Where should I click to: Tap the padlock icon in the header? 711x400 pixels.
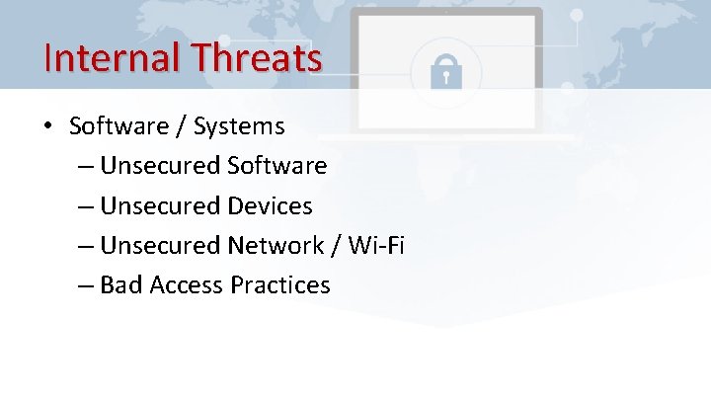pos(445,70)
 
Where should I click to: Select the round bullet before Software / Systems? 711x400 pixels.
pos(47,126)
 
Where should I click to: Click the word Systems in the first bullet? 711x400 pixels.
pos(239,126)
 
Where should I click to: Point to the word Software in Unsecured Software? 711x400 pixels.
pos(276,166)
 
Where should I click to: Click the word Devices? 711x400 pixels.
pos(269,205)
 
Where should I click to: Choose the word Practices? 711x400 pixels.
pos(280,285)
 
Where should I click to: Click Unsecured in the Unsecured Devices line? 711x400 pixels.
pos(161,205)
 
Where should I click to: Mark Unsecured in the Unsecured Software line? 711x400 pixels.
pos(161,166)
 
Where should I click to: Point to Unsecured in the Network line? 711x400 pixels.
pos(161,245)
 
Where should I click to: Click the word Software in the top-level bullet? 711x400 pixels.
pos(118,126)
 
